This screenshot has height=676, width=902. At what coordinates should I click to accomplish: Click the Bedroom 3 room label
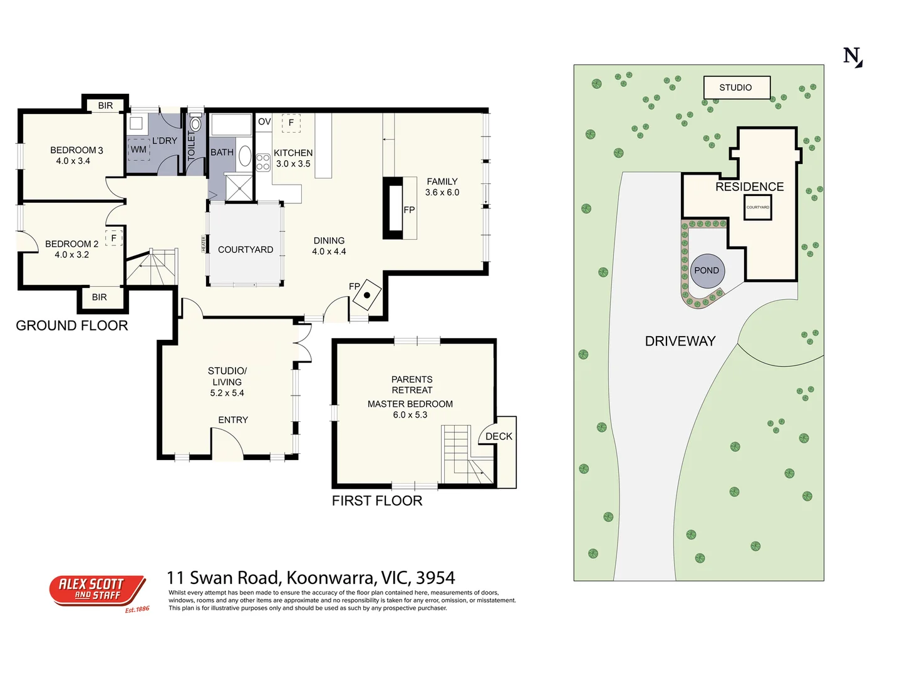[x=76, y=156]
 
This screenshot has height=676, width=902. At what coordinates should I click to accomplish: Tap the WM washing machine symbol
[x=138, y=150]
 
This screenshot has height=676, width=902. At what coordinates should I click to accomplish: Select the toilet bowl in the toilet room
[x=195, y=124]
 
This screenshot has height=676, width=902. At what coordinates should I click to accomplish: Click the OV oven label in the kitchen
[x=264, y=122]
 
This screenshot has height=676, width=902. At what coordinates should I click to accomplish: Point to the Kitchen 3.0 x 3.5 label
[x=293, y=158]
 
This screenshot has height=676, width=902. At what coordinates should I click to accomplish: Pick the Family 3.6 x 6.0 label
[x=442, y=187]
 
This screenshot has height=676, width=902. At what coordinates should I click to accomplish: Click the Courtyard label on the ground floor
[x=246, y=250]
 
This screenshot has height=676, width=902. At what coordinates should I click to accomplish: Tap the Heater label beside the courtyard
[x=204, y=243]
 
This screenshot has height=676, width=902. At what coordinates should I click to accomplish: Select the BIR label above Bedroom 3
[x=105, y=106]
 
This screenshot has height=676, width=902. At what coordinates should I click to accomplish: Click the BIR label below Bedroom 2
[x=100, y=297]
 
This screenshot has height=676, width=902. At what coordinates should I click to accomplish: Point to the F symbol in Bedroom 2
[x=114, y=238]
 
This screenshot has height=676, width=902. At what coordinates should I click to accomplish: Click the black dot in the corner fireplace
[x=367, y=295]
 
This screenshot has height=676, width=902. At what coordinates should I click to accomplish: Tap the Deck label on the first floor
[x=499, y=436]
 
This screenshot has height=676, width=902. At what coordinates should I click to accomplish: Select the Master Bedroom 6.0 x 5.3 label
[x=410, y=409]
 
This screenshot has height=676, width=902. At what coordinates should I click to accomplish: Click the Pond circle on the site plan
[x=707, y=271]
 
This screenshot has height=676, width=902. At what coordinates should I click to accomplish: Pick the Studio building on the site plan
[x=737, y=88]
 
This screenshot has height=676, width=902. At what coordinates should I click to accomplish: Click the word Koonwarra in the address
[x=331, y=578]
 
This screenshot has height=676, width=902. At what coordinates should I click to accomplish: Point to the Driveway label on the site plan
[x=680, y=341]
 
